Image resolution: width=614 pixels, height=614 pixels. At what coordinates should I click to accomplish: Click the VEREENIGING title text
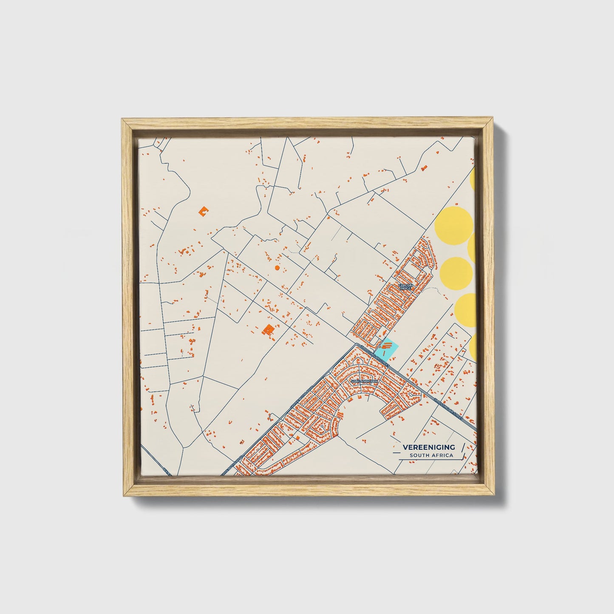coord(428,447)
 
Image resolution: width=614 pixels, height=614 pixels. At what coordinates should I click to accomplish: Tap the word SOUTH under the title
coord(419,456)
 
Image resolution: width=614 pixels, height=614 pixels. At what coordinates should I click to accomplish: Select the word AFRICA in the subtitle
coord(443,456)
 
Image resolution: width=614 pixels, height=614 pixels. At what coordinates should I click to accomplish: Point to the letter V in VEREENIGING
coord(405,447)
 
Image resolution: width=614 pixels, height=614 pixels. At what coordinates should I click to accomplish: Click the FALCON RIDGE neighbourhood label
coord(405,287)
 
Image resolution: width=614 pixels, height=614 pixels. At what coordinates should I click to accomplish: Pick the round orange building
coord(277,268)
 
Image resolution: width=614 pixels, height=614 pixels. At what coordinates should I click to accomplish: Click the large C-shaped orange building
coord(204,210)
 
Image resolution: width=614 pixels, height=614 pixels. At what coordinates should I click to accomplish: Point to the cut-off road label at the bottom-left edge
coord(167,471)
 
